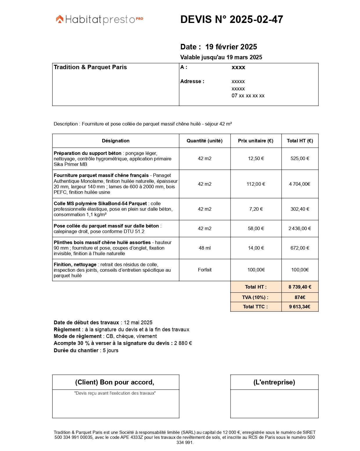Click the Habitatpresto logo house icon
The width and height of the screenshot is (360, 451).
60,19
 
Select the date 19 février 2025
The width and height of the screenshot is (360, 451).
231,47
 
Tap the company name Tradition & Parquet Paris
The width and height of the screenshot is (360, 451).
90,67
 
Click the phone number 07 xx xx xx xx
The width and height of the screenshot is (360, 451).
248,96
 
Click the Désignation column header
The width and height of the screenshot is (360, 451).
116,141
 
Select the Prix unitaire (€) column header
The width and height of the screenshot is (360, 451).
255,141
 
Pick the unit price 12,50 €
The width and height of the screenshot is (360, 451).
256,158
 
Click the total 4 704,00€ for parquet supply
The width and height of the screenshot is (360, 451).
300,184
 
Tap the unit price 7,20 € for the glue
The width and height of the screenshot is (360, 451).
256,209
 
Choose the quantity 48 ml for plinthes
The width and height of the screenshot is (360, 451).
205,248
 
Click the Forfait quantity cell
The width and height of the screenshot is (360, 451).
205,270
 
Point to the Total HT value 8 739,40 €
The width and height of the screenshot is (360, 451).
300,287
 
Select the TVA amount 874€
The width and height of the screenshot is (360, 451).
300,297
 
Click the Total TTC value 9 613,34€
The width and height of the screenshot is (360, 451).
300,307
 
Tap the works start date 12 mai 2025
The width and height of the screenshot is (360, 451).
138,323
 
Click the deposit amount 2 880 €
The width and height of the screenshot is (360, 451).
183,343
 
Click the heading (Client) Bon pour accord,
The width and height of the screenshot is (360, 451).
115,382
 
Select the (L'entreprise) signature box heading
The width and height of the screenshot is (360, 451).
274,382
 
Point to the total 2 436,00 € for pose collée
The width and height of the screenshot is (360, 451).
300,228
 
